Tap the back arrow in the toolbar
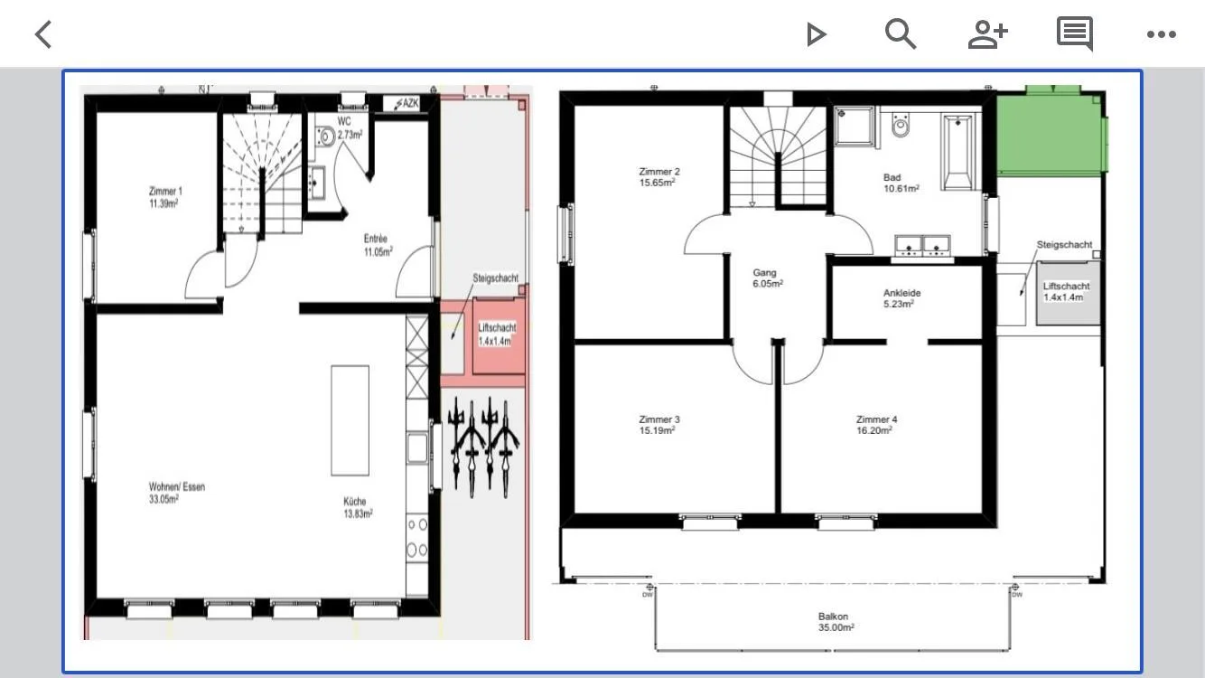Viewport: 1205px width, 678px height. point(43,34)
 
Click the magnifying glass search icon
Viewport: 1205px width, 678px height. point(901,34)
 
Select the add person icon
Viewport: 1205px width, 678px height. point(987,34)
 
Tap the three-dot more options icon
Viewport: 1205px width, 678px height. point(1161,34)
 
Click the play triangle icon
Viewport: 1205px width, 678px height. point(816,34)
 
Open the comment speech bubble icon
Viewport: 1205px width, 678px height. point(1075,33)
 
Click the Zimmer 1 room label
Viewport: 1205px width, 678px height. point(165,197)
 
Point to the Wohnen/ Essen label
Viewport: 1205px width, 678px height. point(177,493)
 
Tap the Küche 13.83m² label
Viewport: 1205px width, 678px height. point(358,507)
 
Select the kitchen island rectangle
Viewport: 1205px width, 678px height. point(350,420)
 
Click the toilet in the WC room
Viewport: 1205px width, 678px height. point(325,137)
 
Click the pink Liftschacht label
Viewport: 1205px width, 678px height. point(497,334)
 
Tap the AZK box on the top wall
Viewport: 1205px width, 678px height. point(407,103)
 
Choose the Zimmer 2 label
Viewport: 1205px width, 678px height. point(659,176)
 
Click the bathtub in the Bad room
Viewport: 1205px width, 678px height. point(957,152)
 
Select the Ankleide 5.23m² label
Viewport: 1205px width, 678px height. point(901,298)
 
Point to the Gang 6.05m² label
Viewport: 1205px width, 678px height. point(767,278)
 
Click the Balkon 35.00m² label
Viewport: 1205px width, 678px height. point(836,622)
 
